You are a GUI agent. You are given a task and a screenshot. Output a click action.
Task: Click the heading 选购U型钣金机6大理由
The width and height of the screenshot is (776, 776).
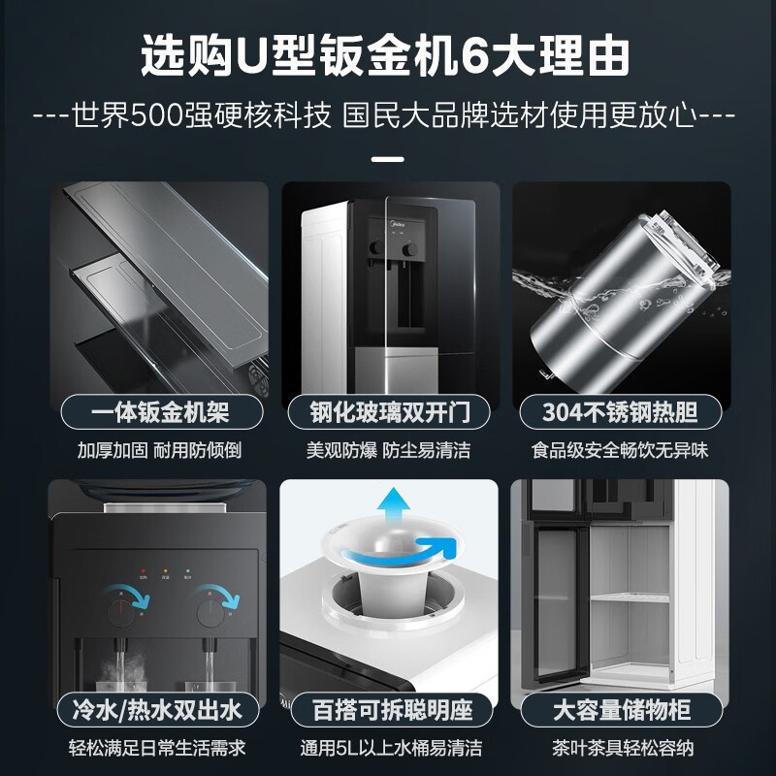click(x=387, y=57)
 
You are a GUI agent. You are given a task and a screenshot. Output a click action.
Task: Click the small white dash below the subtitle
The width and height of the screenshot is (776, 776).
click(x=387, y=158)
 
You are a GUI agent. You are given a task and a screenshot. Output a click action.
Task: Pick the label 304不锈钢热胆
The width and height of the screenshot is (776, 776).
click(x=621, y=412)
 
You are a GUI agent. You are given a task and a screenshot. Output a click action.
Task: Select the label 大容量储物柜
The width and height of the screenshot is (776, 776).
click(x=621, y=709)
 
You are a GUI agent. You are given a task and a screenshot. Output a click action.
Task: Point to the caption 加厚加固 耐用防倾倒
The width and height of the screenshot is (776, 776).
click(x=159, y=451)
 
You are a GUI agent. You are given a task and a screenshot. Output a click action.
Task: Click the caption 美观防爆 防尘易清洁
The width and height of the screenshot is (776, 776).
click(x=388, y=451)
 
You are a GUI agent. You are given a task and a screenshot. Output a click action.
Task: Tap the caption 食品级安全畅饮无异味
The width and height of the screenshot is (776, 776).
click(x=621, y=451)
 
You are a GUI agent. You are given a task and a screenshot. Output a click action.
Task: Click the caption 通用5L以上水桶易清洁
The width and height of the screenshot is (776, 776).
click(x=388, y=748)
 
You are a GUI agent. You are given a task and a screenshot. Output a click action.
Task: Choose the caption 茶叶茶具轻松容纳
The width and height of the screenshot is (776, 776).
click(x=621, y=748)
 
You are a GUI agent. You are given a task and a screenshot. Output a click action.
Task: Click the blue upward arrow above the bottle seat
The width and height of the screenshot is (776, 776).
click(x=395, y=508)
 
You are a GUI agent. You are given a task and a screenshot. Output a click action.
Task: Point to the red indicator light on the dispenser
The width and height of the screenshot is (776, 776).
click(x=143, y=572)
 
